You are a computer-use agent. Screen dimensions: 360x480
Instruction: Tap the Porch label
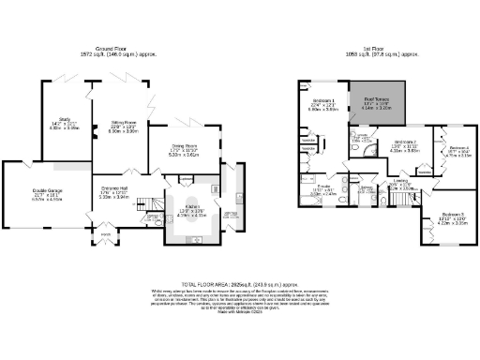pos(104,235)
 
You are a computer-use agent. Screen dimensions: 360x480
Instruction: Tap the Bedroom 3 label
pos(453,217)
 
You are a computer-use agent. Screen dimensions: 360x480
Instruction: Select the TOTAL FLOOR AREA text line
pos(239,282)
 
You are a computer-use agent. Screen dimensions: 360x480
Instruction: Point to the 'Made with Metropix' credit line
pos(239,311)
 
